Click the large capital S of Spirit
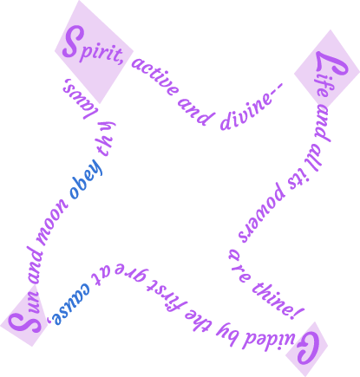(73, 42)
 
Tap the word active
(154, 76)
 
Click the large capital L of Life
(331, 64)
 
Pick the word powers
(262, 213)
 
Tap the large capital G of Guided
(308, 348)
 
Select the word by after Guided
(229, 331)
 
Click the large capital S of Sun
(24, 322)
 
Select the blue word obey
(86, 179)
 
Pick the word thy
(106, 138)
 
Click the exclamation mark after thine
(298, 314)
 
